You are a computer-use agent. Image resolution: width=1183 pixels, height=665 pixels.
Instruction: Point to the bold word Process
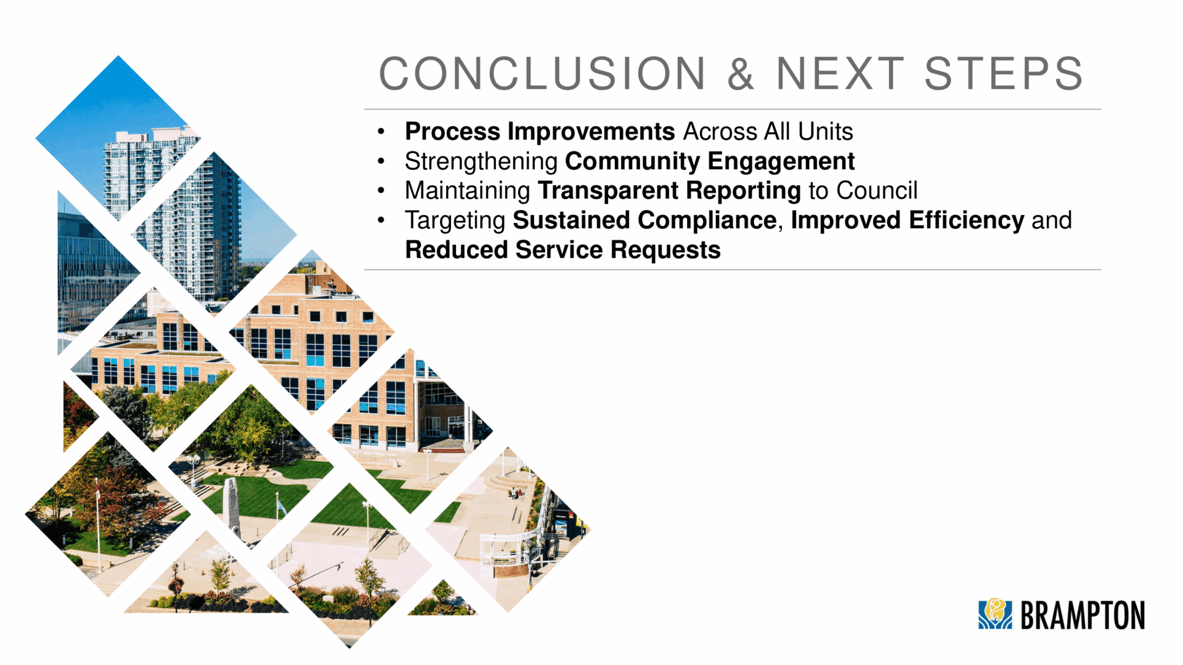coord(453,131)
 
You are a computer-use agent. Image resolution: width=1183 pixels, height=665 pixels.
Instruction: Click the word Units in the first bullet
coord(826,131)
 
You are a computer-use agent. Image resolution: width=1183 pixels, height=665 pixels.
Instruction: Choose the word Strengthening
coord(481,162)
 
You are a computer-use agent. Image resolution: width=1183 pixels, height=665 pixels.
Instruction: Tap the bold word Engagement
coord(781,162)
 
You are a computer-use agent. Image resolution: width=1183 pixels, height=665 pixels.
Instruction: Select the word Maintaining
coord(468,191)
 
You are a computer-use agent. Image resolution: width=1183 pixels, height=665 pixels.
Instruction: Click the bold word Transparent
coord(608,191)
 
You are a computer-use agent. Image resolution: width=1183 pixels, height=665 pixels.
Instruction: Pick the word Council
coord(877,191)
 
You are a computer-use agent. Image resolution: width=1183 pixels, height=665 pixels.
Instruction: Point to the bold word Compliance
coord(707,221)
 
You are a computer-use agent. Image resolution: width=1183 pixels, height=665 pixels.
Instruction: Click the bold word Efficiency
coord(966,221)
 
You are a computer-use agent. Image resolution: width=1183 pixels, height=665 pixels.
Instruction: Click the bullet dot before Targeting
coord(381,220)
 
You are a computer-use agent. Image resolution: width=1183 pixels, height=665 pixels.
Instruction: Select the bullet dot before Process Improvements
coord(381,131)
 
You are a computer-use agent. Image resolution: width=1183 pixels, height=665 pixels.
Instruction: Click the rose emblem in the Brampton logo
coord(995,614)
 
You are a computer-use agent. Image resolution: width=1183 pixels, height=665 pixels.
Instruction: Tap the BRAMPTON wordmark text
coord(1083,615)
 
